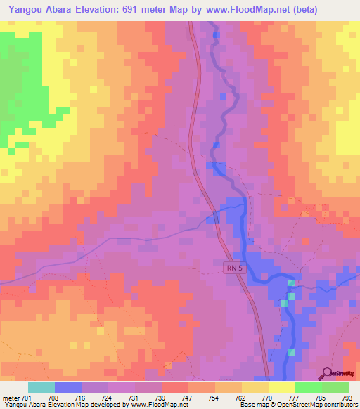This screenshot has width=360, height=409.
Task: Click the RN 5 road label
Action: tap(235, 267)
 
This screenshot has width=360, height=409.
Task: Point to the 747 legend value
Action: tap(188, 397)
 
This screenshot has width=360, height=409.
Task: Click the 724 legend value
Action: tap(108, 397)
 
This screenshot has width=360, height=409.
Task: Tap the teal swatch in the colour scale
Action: tap(41, 387)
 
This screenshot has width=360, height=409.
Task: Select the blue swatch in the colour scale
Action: tap(68, 387)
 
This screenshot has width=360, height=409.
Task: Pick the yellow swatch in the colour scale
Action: tap(282, 387)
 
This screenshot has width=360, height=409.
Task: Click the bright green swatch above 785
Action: tap(309, 387)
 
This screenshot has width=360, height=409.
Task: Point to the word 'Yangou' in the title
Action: tap(28, 10)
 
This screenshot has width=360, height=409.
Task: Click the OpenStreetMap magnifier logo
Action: tap(327, 373)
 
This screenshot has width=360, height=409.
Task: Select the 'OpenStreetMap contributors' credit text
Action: tap(317, 405)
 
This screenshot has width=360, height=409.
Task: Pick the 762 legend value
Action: tap(242, 397)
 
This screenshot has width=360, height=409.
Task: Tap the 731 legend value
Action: tap(135, 397)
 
